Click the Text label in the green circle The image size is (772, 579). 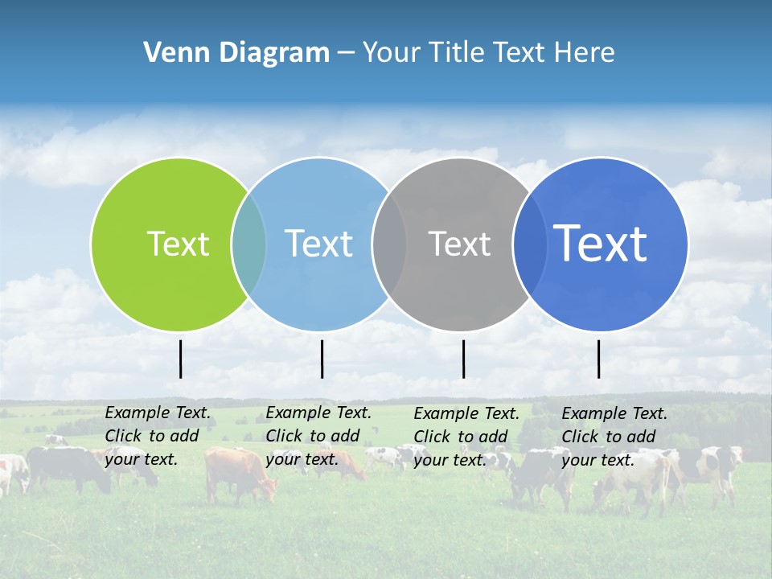pyautogui.click(x=178, y=244)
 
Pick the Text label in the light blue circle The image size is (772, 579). pyautogui.click(x=318, y=244)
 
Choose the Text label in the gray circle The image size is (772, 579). pyautogui.click(x=459, y=244)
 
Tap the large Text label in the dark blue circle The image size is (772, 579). pyautogui.click(x=600, y=243)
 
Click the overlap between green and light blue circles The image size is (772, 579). pyautogui.click(x=248, y=244)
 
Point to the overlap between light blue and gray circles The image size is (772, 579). pyautogui.click(x=389, y=244)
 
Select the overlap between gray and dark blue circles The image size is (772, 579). pyautogui.click(x=529, y=244)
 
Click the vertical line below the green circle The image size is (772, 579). pyautogui.click(x=180, y=359)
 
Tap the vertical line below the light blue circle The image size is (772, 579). pyautogui.click(x=322, y=359)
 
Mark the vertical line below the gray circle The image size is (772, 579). pyautogui.click(x=463, y=359)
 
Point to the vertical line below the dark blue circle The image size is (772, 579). pyautogui.click(x=598, y=359)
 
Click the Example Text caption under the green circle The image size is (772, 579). pyautogui.click(x=158, y=436)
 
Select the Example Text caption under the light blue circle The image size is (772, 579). pyautogui.click(x=318, y=436)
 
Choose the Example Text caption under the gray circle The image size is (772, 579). pyautogui.click(x=466, y=437)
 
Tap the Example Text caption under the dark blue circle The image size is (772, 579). pyautogui.click(x=614, y=437)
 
